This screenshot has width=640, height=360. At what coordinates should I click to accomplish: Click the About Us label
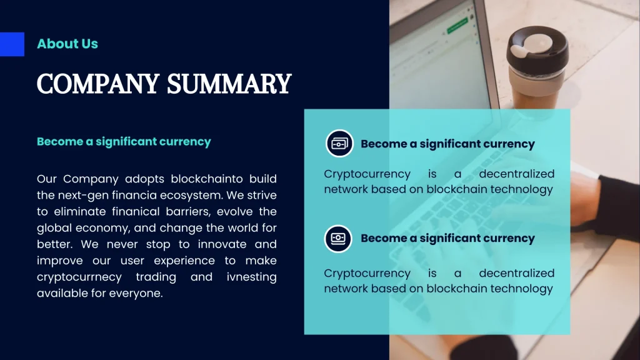67,44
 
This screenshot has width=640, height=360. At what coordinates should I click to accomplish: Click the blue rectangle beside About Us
12,44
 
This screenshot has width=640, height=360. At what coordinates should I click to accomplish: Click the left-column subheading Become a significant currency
124,141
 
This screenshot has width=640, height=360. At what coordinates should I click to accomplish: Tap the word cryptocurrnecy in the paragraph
79,277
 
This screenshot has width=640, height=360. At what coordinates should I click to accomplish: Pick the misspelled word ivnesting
251,277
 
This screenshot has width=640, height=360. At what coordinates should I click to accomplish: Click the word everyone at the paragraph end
136,293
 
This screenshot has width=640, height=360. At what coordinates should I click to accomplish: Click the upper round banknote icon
339,143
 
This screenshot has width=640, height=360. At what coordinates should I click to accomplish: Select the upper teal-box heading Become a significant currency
447,144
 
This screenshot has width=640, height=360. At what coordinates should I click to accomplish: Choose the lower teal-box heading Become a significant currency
447,238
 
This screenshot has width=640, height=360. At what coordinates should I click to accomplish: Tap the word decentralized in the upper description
516,174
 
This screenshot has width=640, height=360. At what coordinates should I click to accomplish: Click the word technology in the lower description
521,289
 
